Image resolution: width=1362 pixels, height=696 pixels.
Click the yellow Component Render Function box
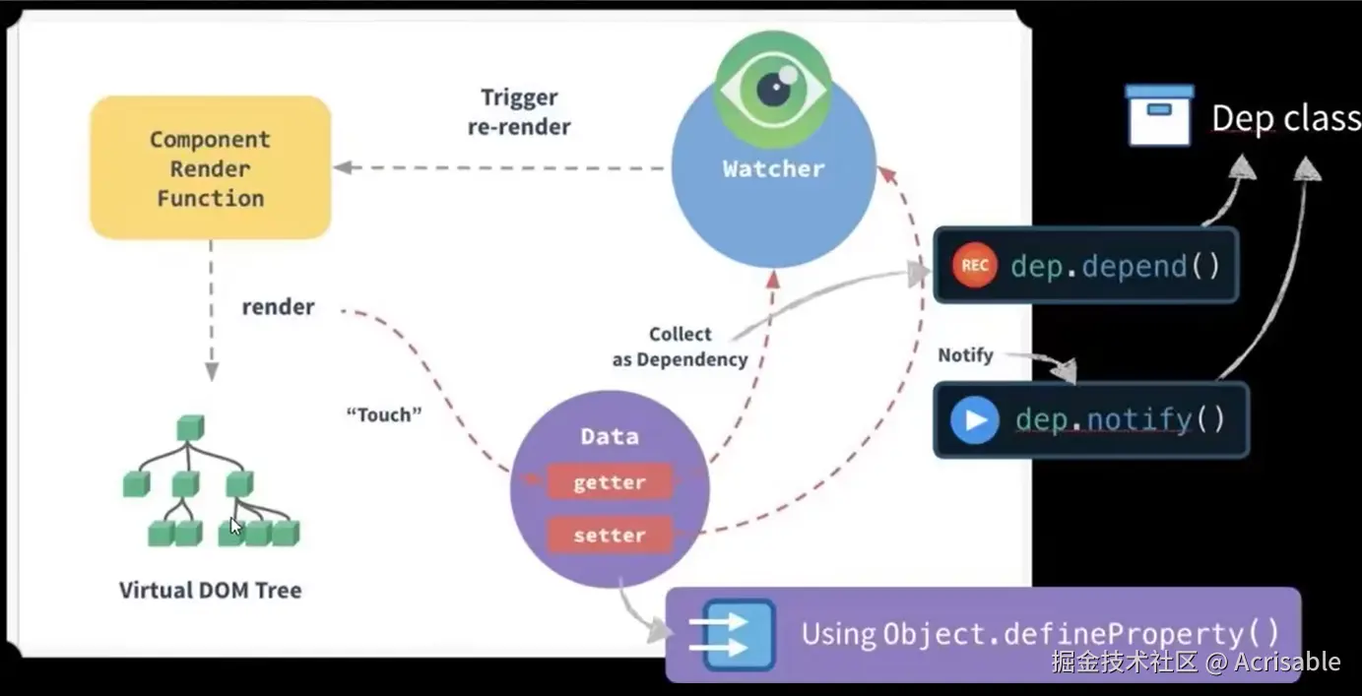pos(211,167)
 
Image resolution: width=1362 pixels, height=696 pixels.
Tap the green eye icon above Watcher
pos(773,90)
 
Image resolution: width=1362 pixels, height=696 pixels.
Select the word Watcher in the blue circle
pos(773,169)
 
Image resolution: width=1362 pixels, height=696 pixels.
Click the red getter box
pos(610,482)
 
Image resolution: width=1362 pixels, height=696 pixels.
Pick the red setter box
pos(610,535)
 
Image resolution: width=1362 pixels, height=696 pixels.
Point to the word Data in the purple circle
pos(610,436)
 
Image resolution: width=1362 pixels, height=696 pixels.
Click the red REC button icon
pos(975,265)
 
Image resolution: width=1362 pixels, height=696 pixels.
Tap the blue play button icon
pos(975,420)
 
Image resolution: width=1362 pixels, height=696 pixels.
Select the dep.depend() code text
pos(1116,266)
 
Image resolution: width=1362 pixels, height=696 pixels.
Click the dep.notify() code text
pos(1120,420)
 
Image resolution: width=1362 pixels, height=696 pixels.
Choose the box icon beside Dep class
pos(1159,115)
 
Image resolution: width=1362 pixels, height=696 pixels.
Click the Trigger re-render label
pos(519,112)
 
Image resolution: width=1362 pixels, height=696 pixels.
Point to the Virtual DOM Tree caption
pos(211,591)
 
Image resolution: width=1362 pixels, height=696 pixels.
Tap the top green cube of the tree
pos(190,428)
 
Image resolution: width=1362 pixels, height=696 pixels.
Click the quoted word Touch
pos(384,414)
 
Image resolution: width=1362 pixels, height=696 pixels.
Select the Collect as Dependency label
pos(680,347)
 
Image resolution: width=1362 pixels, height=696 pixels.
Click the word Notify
pos(965,355)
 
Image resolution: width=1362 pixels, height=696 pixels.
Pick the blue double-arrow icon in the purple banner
pos(733,635)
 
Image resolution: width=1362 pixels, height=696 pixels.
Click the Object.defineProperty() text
pos(1081,634)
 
